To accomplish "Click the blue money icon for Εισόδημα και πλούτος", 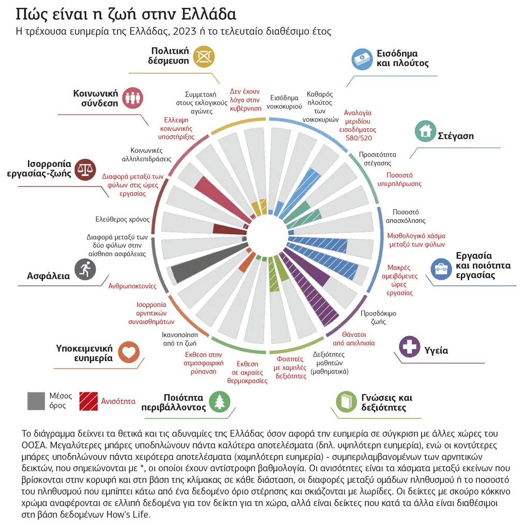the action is pos(362,59).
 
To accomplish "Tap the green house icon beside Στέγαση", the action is pos(425,131).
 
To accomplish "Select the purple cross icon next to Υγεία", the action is pos(409,346).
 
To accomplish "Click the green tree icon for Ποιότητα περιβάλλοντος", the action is pos(220,402).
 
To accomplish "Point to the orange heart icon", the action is pos(129,352).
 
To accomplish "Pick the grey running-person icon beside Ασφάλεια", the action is pos(85,269).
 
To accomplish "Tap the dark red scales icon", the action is pos(85,169).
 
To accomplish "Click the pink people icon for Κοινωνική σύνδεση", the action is pos(133,98).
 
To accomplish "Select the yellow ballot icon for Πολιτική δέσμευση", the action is pos(204,56).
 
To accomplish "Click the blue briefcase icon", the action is pos(441,269).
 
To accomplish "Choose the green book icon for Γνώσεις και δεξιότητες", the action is pos(346,402).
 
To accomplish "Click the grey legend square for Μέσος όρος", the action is pos(36,401).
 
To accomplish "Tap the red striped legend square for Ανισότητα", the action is pos(88,401).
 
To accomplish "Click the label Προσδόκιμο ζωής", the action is pos(378,317).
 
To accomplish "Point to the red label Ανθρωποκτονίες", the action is pos(132,286).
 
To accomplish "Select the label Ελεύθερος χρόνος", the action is pos(122,220).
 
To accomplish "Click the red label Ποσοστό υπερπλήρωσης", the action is pos(399,179).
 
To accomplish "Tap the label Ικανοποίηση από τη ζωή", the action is pos(180,339).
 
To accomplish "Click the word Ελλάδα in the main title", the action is pos(208,14).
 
